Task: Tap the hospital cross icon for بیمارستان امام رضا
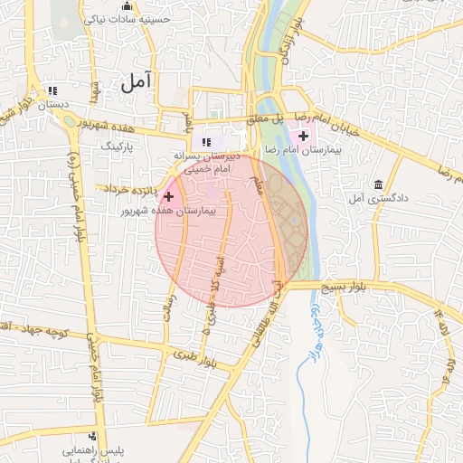coord(303,136)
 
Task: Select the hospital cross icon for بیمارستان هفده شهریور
coord(168,195)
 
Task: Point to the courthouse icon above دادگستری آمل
coord(377,184)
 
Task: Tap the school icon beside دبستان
coord(52,90)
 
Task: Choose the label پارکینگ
coord(115,145)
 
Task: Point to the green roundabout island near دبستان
coord(69,126)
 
